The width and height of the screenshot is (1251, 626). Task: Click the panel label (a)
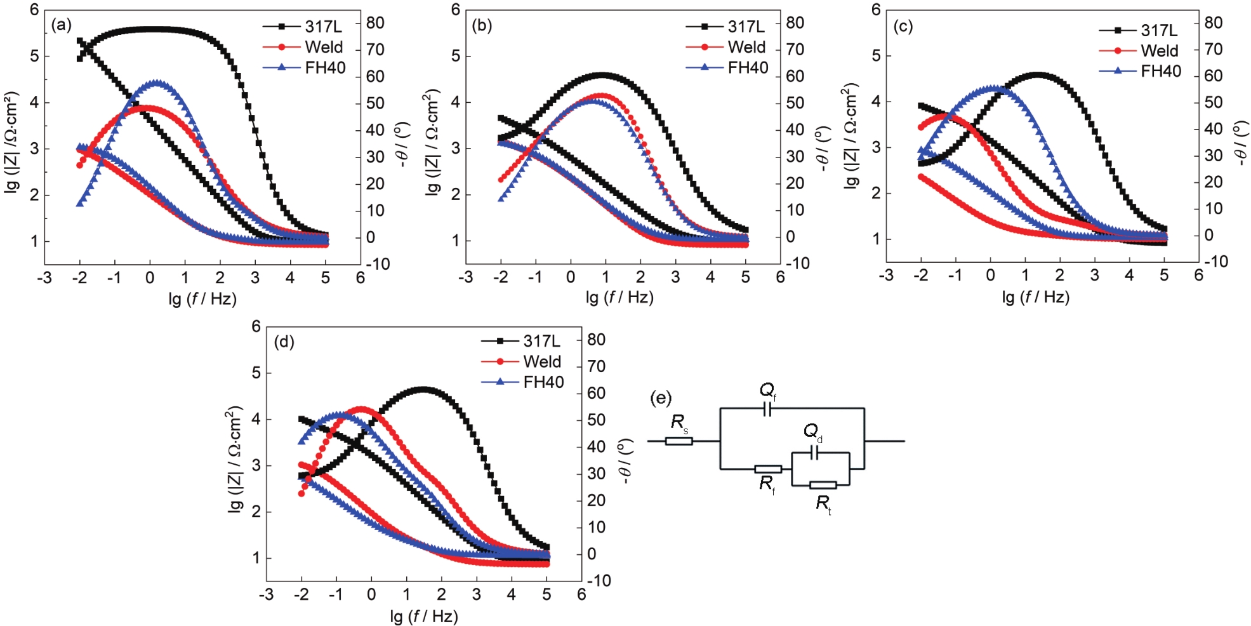coord(62,25)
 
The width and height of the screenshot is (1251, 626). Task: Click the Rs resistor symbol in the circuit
coord(678,441)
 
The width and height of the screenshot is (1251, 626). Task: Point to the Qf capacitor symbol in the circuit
coord(767,409)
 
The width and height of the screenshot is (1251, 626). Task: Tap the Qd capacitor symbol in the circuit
coord(816,453)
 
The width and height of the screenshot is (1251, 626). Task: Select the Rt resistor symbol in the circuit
coord(823,486)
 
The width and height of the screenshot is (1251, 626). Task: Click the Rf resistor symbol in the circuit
coord(767,469)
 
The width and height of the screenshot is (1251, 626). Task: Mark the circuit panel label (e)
coord(661,398)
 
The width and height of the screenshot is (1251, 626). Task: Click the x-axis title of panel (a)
coord(202,298)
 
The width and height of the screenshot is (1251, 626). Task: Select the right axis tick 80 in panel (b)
coord(795,23)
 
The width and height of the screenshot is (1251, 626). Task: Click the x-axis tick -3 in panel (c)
coord(886,275)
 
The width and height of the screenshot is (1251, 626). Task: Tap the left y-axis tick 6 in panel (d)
coord(256,326)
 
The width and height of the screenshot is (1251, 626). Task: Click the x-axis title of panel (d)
coord(424,616)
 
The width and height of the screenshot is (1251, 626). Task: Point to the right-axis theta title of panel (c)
coord(1240,143)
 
